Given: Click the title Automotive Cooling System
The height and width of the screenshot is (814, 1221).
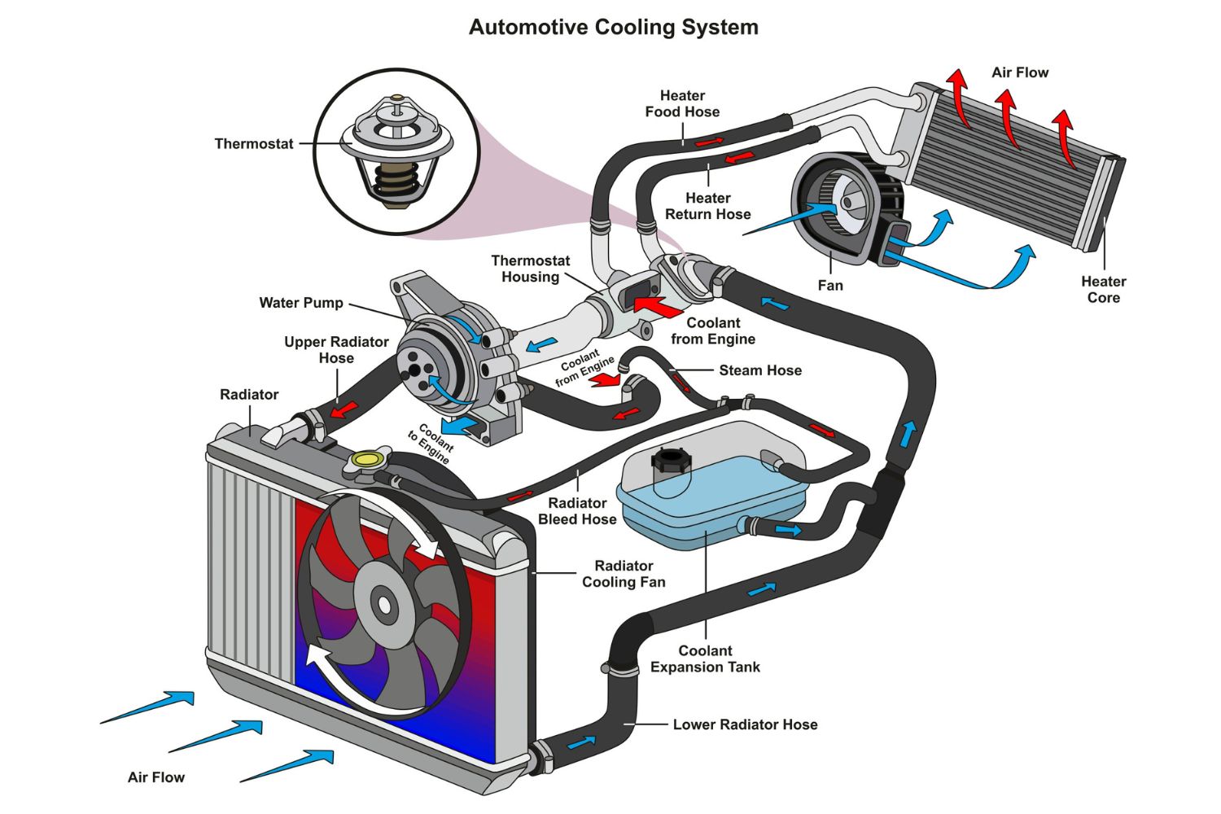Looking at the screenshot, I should coord(613,28).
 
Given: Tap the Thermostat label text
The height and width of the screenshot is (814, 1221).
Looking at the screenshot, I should coord(253,144).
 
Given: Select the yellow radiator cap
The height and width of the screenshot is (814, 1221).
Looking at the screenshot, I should coord(367,460).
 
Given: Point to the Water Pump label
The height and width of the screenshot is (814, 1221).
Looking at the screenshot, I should coord(301,303).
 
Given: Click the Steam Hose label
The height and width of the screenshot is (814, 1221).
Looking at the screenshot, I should coord(760,370).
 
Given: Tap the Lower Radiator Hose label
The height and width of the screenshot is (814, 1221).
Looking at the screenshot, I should coord(745,724).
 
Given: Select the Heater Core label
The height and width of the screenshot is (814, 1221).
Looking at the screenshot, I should coord(1103,290).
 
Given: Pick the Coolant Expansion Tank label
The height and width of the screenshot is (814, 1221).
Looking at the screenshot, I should coord(705,659).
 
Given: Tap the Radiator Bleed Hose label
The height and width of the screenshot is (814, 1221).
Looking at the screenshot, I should coord(577,511).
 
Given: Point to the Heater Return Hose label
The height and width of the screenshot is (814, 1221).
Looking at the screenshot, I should coord(707,206).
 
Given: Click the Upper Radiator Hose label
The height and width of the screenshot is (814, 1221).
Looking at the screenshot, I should coord(336,350).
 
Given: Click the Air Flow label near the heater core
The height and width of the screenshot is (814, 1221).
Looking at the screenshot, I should coord(1019,72).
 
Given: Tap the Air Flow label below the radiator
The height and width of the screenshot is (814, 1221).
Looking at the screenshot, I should coord(156,777).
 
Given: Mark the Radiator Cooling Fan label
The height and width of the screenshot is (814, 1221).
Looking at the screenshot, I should coord(624,574).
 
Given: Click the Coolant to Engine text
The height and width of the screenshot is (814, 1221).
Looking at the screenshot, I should coord(430,444).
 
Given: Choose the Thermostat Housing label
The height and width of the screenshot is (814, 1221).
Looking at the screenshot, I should coord(530,269).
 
